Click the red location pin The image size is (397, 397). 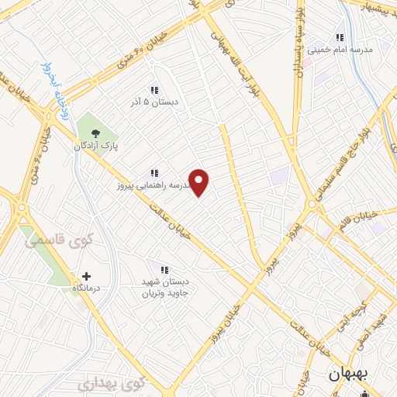point(199,182)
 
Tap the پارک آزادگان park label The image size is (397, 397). point(95,146)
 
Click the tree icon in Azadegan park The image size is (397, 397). point(95,133)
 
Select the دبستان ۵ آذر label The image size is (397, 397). point(154,101)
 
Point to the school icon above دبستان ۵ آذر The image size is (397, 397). point(154,89)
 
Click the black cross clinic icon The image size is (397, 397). point(86,275)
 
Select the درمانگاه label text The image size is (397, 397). point(87,288)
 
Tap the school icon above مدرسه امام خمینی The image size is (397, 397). point(339,36)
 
